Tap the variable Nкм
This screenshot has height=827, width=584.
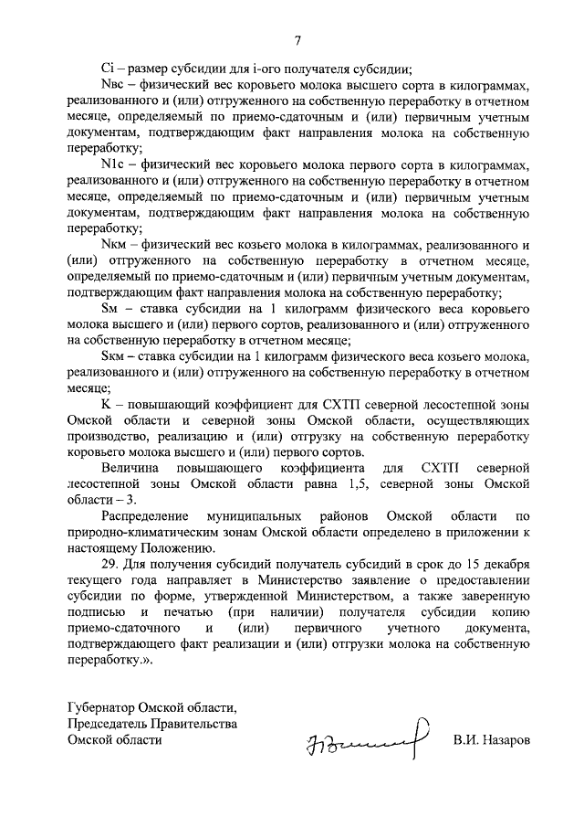(x=113, y=244)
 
